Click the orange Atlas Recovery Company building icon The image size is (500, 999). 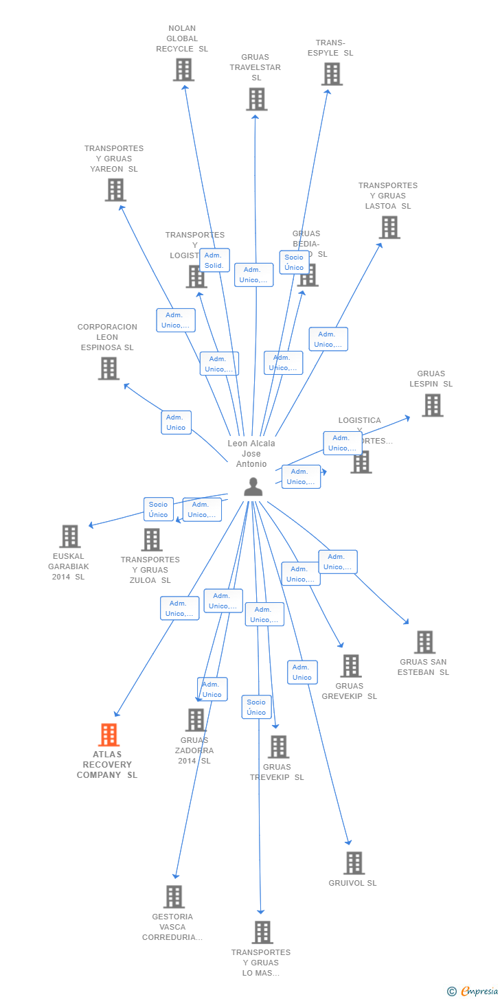click(109, 735)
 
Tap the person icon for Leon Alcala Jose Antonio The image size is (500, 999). click(253, 487)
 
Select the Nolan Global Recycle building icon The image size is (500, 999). click(183, 69)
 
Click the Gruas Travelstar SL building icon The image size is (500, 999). click(256, 99)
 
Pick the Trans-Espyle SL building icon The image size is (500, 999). click(332, 73)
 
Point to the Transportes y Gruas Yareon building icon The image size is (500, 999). click(115, 190)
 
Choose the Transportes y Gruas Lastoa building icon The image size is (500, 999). click(389, 227)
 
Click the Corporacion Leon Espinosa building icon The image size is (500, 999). click(109, 368)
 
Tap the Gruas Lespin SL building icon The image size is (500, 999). click(432, 405)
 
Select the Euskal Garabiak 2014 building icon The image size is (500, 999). click(70, 536)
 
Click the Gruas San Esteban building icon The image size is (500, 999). click(424, 642)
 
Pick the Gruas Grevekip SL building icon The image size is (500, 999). click(351, 665)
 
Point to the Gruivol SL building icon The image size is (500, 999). click(354, 863)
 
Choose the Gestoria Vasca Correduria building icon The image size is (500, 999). click(174, 897)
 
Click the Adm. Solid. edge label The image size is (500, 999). click(214, 260)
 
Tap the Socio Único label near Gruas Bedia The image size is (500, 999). click(294, 262)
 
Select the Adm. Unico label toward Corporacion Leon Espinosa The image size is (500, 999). click(176, 422)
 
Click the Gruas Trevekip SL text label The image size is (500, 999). click(277, 772)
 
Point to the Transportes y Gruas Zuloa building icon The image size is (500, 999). click(152, 540)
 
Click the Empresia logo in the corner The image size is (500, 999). click(473, 991)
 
